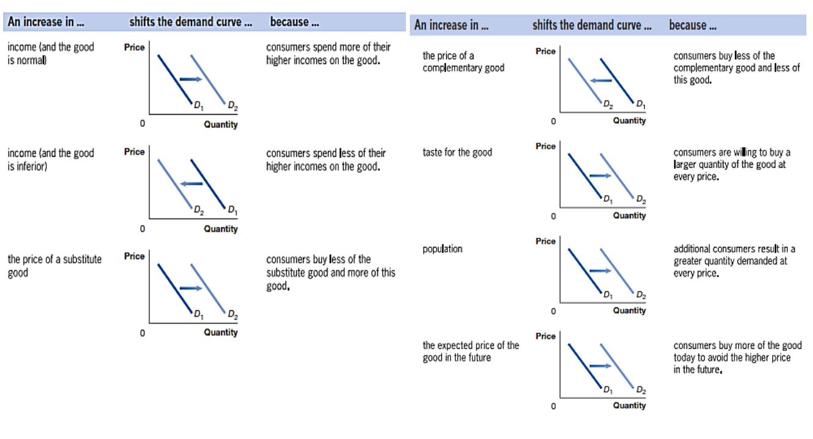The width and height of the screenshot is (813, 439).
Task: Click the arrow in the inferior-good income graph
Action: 191,184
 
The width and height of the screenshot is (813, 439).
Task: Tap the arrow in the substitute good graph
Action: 190,288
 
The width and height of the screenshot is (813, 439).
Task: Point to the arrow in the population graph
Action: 600,271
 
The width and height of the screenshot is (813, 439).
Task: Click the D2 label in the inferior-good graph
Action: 198,211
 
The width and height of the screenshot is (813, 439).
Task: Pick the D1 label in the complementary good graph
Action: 640,104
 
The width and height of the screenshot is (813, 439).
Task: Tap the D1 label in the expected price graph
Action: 608,389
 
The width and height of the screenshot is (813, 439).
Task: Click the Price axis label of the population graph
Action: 545,241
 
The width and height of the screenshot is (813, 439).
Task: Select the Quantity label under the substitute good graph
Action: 221,332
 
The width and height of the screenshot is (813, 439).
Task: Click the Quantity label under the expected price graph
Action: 629,405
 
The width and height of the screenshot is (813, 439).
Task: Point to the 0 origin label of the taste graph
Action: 553,216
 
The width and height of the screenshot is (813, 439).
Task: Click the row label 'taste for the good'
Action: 457,152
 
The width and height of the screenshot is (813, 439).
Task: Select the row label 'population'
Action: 442,249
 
